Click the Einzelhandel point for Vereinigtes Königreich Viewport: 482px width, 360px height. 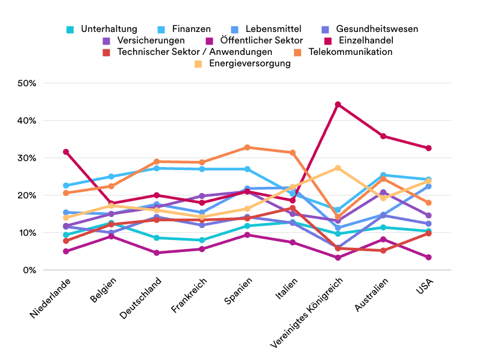338,104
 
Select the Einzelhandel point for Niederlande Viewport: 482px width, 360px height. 66,152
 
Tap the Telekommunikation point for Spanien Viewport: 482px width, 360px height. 247,147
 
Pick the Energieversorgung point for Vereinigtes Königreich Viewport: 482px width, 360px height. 338,168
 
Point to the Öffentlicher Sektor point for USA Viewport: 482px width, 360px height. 428,257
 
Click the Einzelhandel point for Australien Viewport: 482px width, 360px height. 383,136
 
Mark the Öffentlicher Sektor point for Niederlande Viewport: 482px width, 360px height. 66,251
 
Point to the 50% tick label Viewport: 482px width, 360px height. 27,83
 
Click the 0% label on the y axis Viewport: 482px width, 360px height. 30,270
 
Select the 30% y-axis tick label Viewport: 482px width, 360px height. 27,158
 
